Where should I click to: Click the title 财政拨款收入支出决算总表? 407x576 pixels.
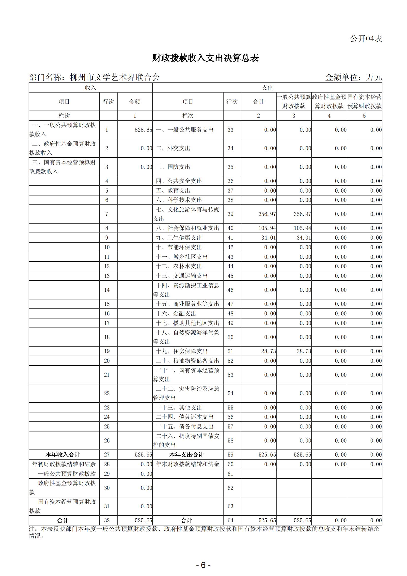(205, 58)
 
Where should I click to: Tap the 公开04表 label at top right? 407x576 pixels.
(366, 39)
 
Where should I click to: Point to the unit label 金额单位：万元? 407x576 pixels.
(353, 77)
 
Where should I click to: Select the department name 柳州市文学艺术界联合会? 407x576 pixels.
(114, 77)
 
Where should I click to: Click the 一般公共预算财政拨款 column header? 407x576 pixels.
(294, 102)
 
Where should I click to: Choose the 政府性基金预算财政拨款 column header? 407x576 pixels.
(329, 102)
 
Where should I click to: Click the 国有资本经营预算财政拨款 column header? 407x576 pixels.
(364, 102)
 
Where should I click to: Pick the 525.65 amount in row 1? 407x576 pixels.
(143, 130)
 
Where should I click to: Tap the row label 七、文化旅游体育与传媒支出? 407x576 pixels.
(188, 214)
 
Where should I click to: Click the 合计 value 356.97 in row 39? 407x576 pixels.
(267, 214)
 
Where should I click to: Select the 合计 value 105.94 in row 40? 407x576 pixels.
(267, 228)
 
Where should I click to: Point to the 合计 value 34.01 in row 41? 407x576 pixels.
(268, 238)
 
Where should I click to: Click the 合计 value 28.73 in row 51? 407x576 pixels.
(268, 351)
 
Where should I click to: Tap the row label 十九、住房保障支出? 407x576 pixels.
(182, 351)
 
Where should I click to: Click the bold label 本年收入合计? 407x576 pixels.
(63, 455)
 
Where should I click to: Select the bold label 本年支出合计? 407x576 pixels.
(187, 455)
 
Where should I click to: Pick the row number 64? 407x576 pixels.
(231, 521)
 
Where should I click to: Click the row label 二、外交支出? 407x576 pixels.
(173, 148)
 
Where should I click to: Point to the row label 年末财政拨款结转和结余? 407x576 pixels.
(188, 464)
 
